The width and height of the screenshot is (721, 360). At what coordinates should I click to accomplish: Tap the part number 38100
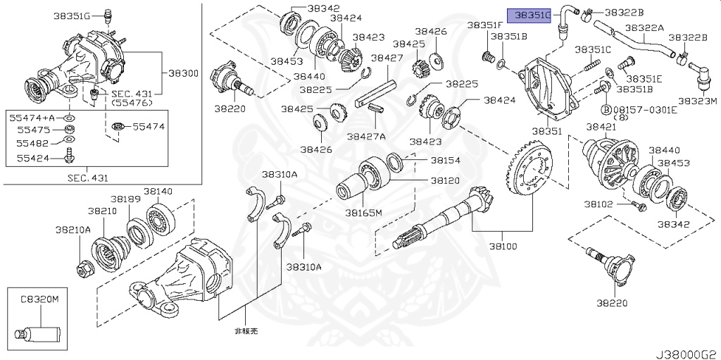pos(502,247)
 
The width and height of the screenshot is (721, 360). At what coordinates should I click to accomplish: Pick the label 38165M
pos(363,213)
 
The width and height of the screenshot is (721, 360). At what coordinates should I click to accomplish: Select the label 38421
pos(601,127)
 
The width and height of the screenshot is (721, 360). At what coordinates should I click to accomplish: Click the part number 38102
pos(598,204)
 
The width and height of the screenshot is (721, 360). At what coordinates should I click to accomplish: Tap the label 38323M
pos(697,101)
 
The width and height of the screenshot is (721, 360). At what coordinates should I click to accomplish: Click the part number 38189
pos(128,199)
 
